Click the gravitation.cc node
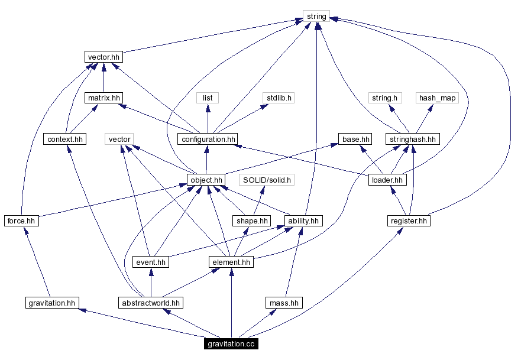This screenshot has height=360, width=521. [x=231, y=343]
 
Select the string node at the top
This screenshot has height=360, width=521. [x=316, y=17]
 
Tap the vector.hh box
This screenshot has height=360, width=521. [x=103, y=57]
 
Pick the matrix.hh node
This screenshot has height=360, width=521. [x=103, y=98]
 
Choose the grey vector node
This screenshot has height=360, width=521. [x=119, y=139]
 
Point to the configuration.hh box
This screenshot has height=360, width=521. [x=207, y=140]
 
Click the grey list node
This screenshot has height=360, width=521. [x=208, y=98]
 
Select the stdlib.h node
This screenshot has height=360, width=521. [x=278, y=98]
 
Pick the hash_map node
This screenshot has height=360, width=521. [x=437, y=98]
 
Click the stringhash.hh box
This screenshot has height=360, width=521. [x=413, y=140]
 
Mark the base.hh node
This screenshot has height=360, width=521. [x=356, y=140]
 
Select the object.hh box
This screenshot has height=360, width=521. [x=206, y=180]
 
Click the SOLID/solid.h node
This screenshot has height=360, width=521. [x=267, y=180]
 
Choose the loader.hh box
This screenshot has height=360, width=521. [x=387, y=180]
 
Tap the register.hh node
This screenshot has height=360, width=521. [x=408, y=220]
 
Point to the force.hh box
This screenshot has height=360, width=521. [x=21, y=220]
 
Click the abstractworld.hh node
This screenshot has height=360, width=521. [x=150, y=303]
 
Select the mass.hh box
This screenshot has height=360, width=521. [x=283, y=303]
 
